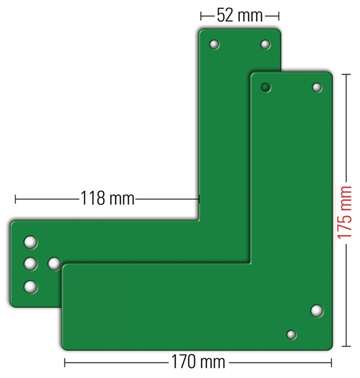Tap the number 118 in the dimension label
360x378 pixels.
click(x=92, y=198)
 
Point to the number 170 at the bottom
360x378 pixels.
click(x=183, y=362)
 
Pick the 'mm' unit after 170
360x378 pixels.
click(x=213, y=362)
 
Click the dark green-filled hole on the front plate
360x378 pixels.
click(x=265, y=87)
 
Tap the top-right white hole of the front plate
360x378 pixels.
click(x=317, y=87)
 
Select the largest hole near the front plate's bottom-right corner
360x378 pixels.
click(x=317, y=310)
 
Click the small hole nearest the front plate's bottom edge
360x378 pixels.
click(x=291, y=335)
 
